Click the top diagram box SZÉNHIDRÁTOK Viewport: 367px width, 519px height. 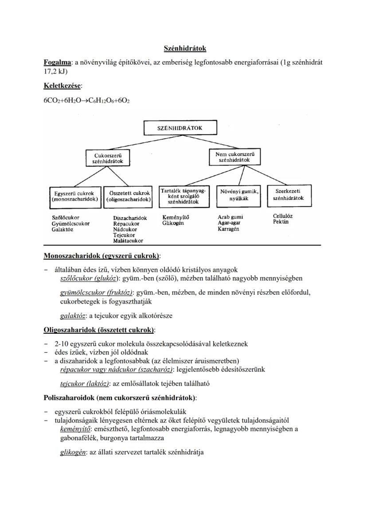(x=180, y=128)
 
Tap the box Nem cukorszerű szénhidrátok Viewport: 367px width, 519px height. (x=234, y=156)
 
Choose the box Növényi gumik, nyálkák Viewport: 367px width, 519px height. (x=239, y=195)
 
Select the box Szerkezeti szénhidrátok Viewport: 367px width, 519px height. (x=289, y=195)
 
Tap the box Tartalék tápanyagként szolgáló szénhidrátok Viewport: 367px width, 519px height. (x=183, y=196)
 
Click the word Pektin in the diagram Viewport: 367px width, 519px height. (x=281, y=222)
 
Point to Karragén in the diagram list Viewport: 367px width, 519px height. (x=228, y=229)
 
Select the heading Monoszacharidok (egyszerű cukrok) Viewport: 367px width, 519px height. (x=102, y=256)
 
